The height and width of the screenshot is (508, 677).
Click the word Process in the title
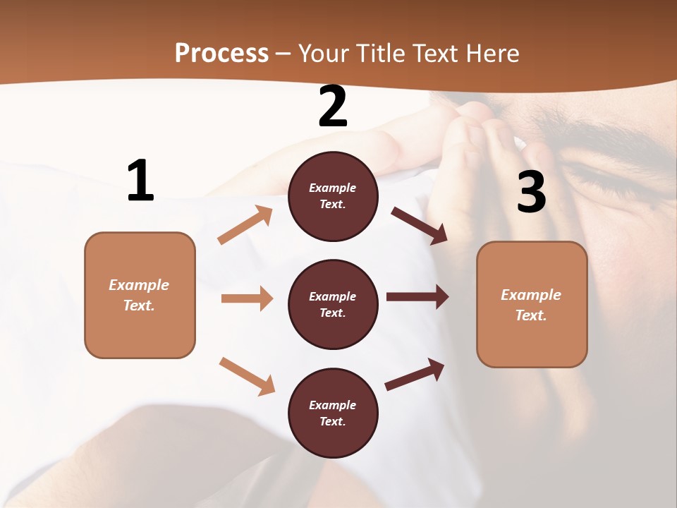coord(221,54)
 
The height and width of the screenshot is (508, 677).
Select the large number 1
coord(140,181)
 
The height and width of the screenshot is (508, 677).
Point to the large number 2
coord(333,107)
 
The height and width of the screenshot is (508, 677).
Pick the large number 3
coord(531,192)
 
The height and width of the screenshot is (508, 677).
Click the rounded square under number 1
coord(140,295)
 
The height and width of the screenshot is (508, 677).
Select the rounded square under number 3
coord(532,305)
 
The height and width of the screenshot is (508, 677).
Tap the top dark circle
coord(333,196)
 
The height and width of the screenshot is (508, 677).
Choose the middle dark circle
coord(333,305)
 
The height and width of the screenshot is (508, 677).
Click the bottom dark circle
coord(333,413)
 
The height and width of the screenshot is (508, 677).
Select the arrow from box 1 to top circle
coord(245,225)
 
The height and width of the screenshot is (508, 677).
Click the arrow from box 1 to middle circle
coord(247,298)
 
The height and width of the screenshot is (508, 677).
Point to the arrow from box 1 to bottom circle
coord(247,375)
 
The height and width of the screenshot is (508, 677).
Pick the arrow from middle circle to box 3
coord(417,297)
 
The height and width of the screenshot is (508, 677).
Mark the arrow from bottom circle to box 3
coord(415,374)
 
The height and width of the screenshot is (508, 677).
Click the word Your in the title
coord(324,54)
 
